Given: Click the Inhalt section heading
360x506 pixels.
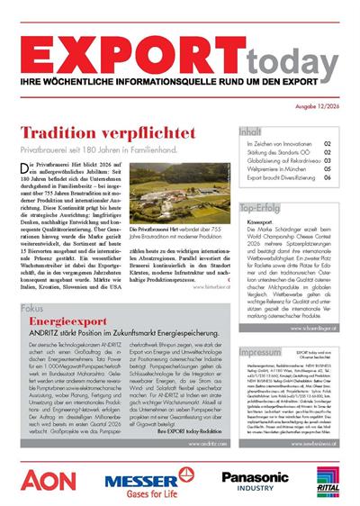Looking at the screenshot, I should [x=253, y=131].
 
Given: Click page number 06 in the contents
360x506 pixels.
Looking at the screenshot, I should [x=328, y=178].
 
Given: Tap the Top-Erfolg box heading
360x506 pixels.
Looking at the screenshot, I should [x=263, y=208].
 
